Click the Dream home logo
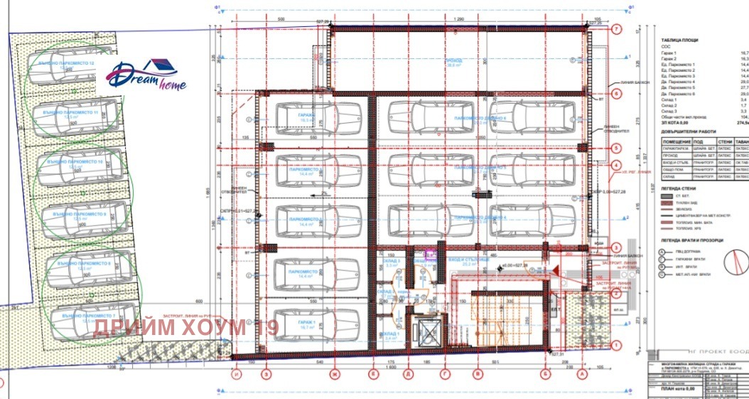pos(148,75)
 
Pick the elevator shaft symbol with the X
pos(429,331)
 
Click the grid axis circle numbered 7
pos(616,30)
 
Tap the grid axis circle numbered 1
pos(616,345)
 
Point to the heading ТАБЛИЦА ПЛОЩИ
pos(679,41)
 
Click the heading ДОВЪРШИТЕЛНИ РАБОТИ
pos(688,131)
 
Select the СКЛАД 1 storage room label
pos(391,335)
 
